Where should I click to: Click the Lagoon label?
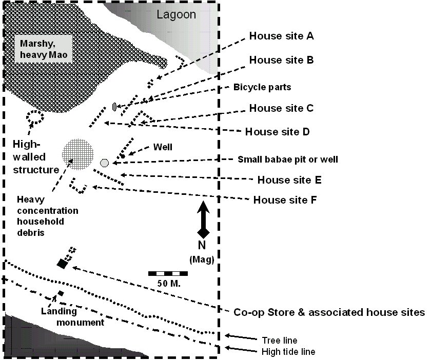pos(176,14)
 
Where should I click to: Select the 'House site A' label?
pos(281,36)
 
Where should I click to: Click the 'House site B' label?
pos(281,60)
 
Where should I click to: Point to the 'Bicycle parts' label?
pos(262,87)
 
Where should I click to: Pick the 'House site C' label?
pos(281,109)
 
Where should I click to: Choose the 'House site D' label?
pos(277,131)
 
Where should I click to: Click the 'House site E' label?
pos(289,180)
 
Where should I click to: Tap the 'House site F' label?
pos(285,199)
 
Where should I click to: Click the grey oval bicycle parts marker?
pos(114,107)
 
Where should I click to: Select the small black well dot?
pos(123,155)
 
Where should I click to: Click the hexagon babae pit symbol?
pos(105,163)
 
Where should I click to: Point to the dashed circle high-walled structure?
pos(36,117)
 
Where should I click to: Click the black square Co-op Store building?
pos(63,263)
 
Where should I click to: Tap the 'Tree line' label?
pos(279,340)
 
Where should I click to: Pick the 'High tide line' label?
pos(288,352)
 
